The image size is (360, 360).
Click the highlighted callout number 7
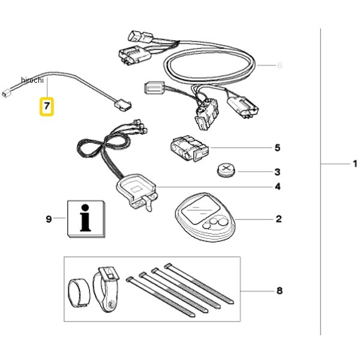pyautogui.click(x=47, y=106)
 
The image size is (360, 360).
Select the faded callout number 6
pyautogui.click(x=280, y=65)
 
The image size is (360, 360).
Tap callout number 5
pyautogui.click(x=278, y=148)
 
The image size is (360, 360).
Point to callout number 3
pyautogui.click(x=278, y=172)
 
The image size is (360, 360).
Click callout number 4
pyautogui.click(x=278, y=187)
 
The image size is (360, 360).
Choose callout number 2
pyautogui.click(x=278, y=219)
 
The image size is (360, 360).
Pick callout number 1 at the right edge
pyautogui.click(x=355, y=164)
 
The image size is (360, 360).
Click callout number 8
pyautogui.click(x=280, y=291)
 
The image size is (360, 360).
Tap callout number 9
pyautogui.click(x=49, y=219)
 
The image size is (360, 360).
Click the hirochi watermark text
pyautogui.click(x=32, y=80)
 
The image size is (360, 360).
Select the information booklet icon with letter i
pyautogui.click(x=86, y=219)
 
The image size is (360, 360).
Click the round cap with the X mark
pyautogui.click(x=226, y=170)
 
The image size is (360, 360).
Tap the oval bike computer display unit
pyautogui.click(x=205, y=217)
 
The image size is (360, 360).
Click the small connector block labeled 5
pyautogui.click(x=190, y=148)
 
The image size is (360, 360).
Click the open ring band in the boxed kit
pyautogui.click(x=79, y=293)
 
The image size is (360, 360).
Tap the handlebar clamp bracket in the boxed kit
pyautogui.click(x=106, y=289)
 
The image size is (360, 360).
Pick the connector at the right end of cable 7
pyautogui.click(x=122, y=106)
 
